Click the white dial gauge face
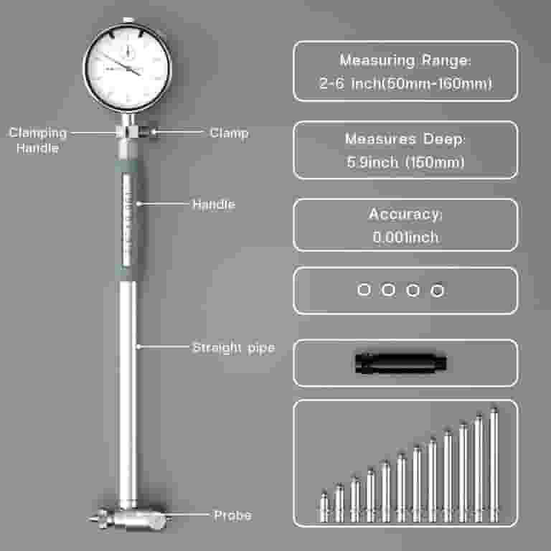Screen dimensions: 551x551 [x=128, y=68]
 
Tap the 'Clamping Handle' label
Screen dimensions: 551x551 [x=37, y=140]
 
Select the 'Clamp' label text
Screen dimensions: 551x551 [x=229, y=133]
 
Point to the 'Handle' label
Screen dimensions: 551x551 [x=214, y=204]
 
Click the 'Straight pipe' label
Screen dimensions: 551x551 [x=234, y=347]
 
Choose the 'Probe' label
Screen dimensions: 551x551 [x=233, y=515]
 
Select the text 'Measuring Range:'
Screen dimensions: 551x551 [x=405, y=60]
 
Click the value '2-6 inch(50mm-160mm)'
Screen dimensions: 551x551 [x=405, y=84]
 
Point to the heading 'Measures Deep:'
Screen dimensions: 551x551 [x=405, y=138]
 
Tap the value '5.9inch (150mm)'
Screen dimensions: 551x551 [x=405, y=162]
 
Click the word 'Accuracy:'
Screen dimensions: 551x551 [x=405, y=214]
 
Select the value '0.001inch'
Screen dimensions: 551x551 [x=405, y=237]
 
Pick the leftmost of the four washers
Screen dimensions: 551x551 [x=364, y=290]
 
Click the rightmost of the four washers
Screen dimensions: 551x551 [x=437, y=291]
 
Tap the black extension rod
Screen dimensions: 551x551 [x=400, y=362]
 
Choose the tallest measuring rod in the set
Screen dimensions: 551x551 [x=494, y=464]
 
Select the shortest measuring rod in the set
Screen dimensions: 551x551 [x=324, y=507]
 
